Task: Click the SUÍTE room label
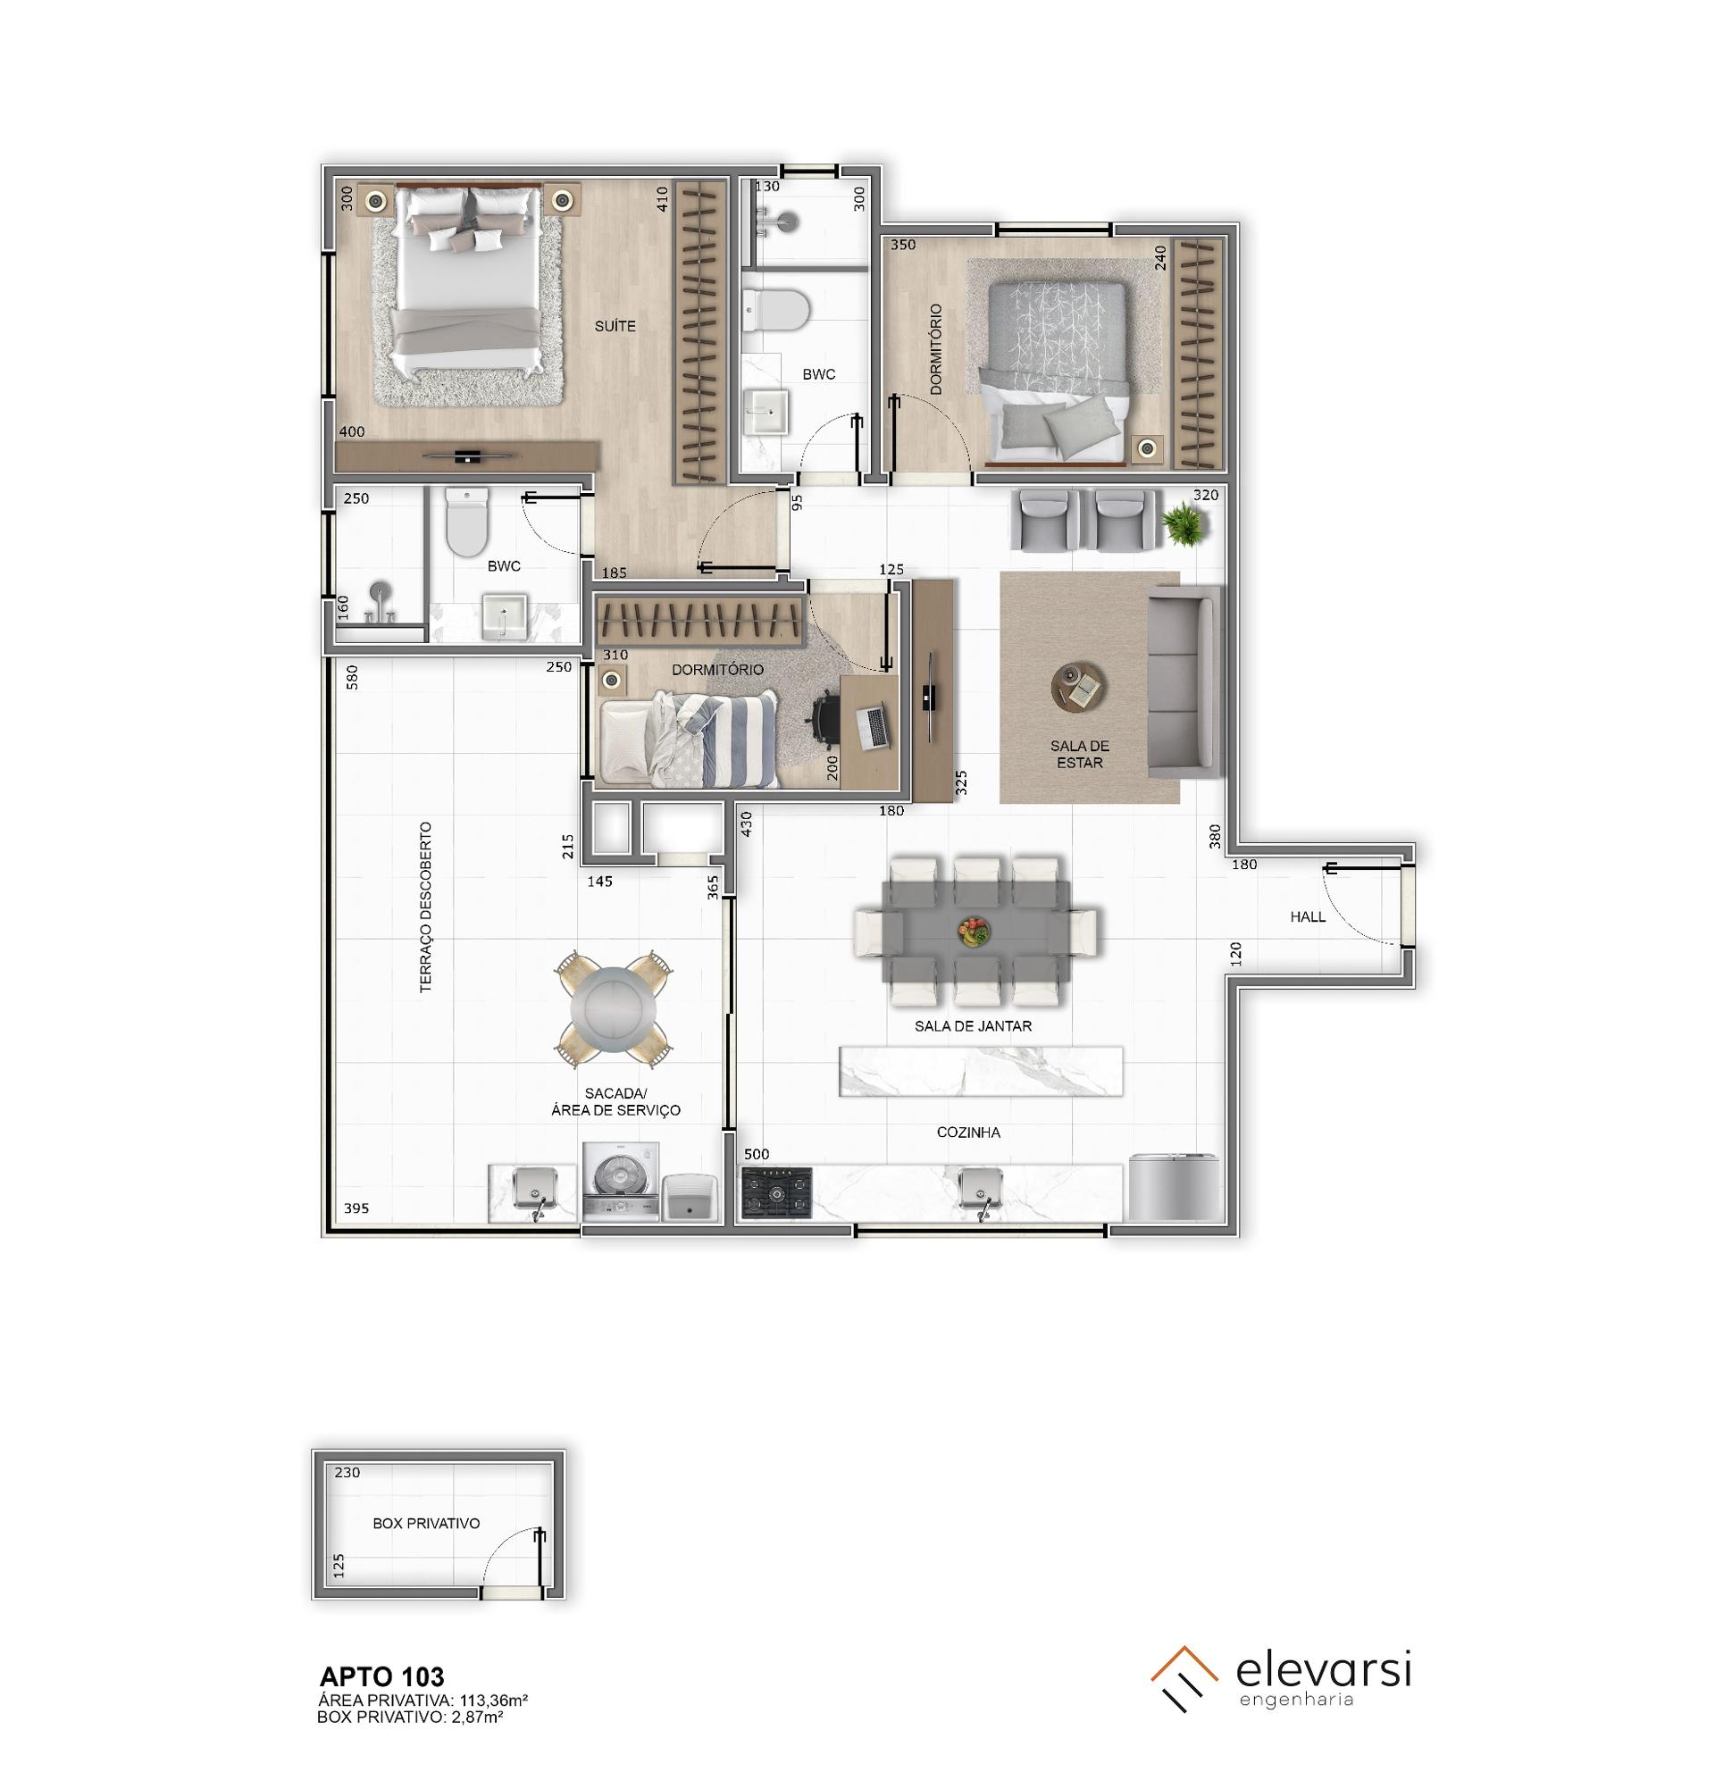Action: pos(615,326)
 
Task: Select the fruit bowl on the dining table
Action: pos(974,932)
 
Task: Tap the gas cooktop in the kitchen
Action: pos(775,1193)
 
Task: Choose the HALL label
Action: pos(1308,916)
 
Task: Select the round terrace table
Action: pos(614,1006)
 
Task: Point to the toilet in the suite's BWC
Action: pos(466,522)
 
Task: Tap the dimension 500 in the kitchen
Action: pos(756,1155)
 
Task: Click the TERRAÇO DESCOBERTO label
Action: pos(426,907)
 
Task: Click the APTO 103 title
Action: pos(382,1678)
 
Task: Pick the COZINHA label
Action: pos(968,1133)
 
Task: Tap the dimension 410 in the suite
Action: pos(662,199)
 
